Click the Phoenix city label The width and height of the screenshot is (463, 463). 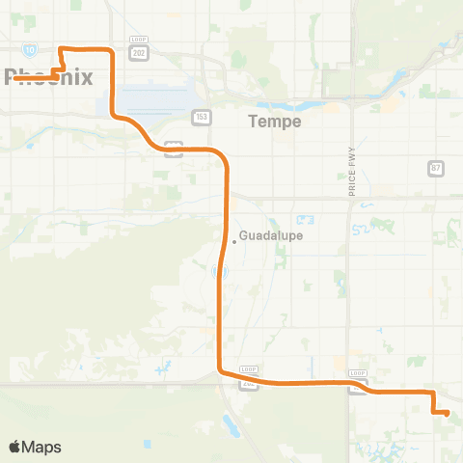click(x=48, y=78)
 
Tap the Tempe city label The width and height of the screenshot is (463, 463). click(x=275, y=122)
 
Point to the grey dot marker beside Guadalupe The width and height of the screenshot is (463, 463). click(x=233, y=243)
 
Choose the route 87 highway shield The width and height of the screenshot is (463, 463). click(x=436, y=168)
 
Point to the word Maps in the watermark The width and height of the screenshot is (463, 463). click(x=42, y=447)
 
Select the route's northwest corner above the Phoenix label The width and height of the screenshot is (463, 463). click(x=62, y=48)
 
